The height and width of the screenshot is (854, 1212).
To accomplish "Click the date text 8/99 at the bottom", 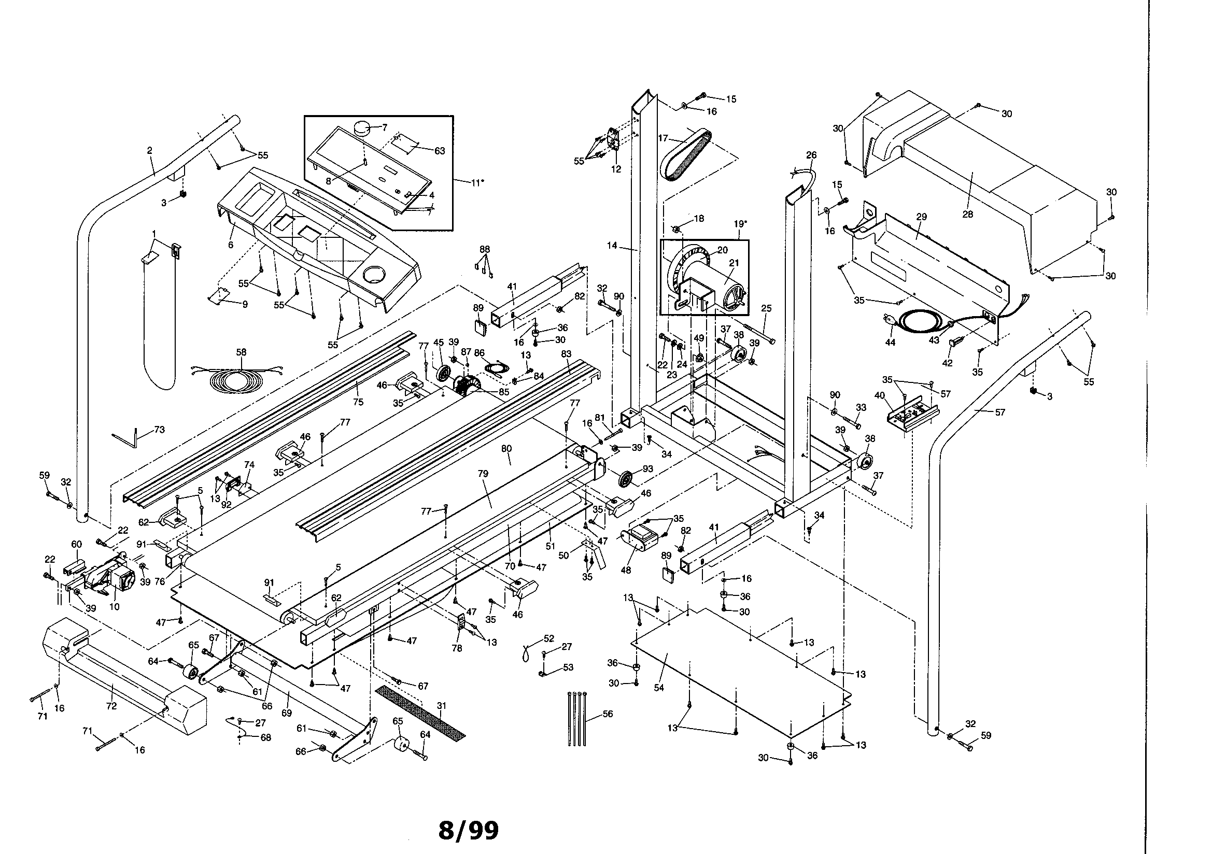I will pyautogui.click(x=468, y=830).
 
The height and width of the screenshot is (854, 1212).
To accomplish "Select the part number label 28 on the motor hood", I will pyautogui.click(x=967, y=215).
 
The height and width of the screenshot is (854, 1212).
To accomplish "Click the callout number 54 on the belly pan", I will pyautogui.click(x=658, y=688).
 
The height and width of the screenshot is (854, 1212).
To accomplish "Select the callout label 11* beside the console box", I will pyautogui.click(x=477, y=182).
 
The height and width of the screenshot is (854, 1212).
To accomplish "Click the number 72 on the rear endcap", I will pyautogui.click(x=111, y=706).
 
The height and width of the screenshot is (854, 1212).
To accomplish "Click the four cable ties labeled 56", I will pyautogui.click(x=577, y=718).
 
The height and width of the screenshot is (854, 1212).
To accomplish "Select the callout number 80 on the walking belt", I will pyautogui.click(x=506, y=449).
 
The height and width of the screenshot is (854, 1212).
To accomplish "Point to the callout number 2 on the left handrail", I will pyautogui.click(x=149, y=150).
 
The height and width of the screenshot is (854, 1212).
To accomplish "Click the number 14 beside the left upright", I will pyautogui.click(x=612, y=246).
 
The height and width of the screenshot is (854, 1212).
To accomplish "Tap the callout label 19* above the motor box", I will pyautogui.click(x=740, y=224).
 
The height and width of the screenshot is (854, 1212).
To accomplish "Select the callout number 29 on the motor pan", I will pyautogui.click(x=922, y=217).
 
